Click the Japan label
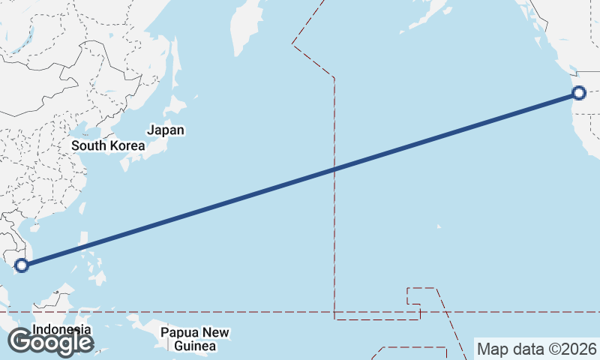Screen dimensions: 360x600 pyautogui.click(x=165, y=130)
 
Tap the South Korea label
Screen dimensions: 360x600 pyautogui.click(x=107, y=145)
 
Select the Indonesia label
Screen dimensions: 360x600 pyautogui.click(x=61, y=329)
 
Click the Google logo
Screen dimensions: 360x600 pyautogui.click(x=50, y=342)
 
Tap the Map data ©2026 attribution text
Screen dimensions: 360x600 pyautogui.click(x=537, y=349)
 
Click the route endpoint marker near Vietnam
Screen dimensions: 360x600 pyautogui.click(x=22, y=265)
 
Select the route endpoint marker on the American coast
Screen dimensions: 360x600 pyautogui.click(x=578, y=93)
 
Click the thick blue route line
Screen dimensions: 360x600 pyautogui.click(x=225, y=202)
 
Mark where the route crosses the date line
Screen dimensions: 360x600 pyautogui.click(x=334, y=170)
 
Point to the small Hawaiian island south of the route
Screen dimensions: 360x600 pyautogui.click(x=439, y=226)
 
